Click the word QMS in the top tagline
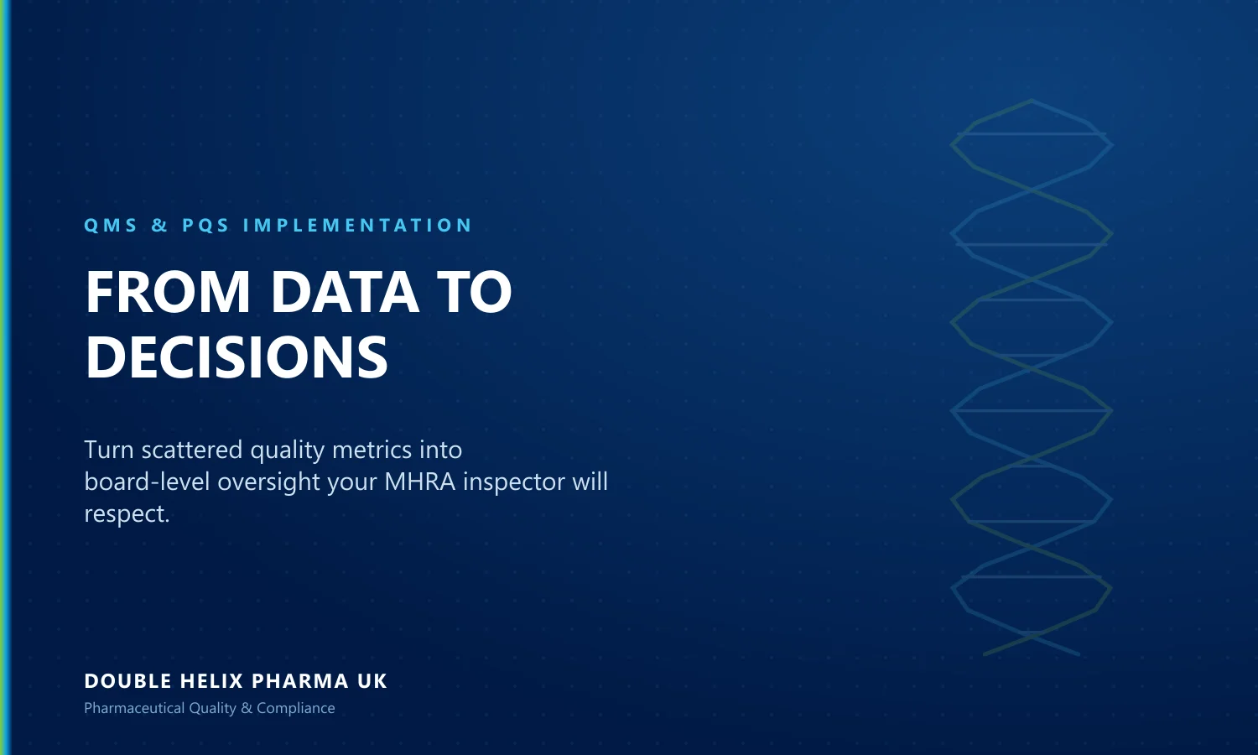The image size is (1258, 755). (x=111, y=226)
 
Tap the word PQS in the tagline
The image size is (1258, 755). (x=205, y=226)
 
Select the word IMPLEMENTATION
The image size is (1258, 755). (x=357, y=226)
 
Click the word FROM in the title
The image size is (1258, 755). (x=168, y=292)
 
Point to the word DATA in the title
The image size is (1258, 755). (x=345, y=292)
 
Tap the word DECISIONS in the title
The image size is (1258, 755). (x=237, y=357)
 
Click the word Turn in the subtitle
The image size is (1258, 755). (x=109, y=450)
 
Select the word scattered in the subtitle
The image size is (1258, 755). (x=192, y=450)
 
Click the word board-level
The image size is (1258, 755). (x=147, y=482)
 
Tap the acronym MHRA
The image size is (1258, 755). (x=419, y=482)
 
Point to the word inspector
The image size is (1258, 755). (x=514, y=482)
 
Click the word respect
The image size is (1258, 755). (x=127, y=514)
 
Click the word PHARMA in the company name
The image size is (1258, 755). (x=300, y=681)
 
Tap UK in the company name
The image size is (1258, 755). (x=372, y=681)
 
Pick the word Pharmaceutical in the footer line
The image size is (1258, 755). (x=134, y=708)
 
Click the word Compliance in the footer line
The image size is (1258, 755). (x=296, y=708)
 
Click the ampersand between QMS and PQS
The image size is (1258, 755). (x=159, y=226)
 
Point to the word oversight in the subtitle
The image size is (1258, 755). (x=269, y=482)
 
